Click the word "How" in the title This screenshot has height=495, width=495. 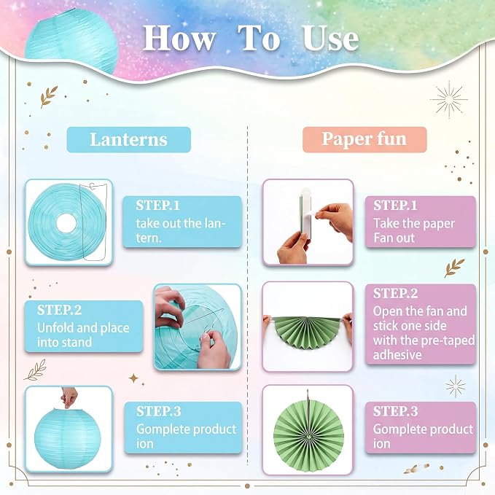(179, 39)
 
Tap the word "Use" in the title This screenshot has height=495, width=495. (331, 39)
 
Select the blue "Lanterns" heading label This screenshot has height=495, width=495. (129, 139)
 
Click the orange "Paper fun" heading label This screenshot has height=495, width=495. (365, 139)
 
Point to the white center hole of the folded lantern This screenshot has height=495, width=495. (66, 223)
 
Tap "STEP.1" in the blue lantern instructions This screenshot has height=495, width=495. (158, 206)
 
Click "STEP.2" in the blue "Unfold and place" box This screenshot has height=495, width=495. (59, 310)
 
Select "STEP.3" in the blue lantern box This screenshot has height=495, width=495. (159, 411)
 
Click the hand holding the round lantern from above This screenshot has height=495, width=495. (69, 397)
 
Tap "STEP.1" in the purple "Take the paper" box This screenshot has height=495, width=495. (395, 206)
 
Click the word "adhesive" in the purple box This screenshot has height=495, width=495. (397, 355)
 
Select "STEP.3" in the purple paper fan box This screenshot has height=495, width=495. (396, 411)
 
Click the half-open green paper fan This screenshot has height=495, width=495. (308, 332)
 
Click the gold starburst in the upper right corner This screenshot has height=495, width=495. (448, 99)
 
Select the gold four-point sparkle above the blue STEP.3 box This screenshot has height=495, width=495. (133, 378)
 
